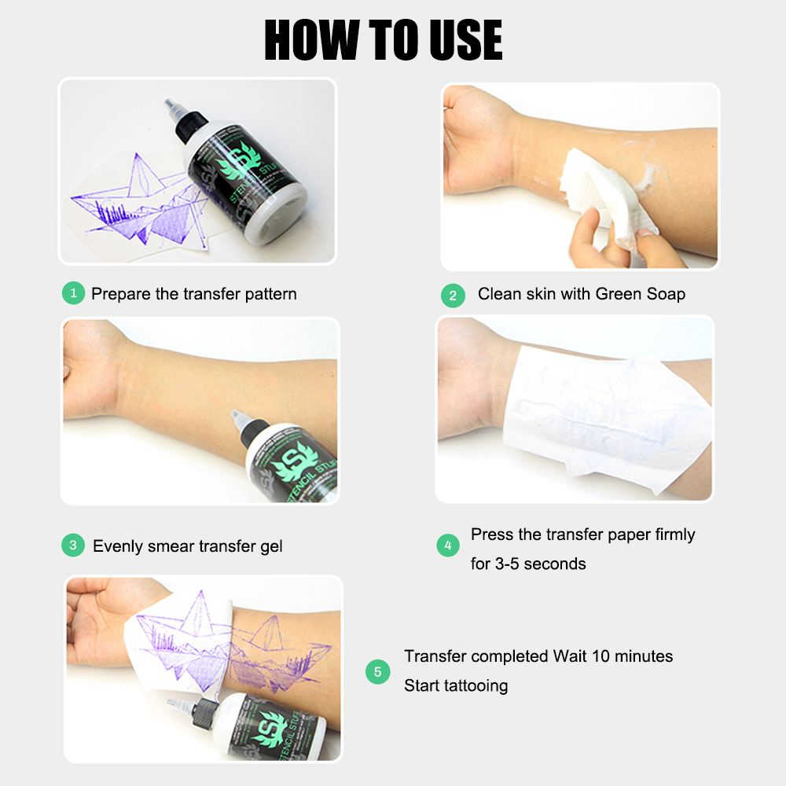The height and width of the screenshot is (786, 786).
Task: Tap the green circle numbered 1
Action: pos(73,294)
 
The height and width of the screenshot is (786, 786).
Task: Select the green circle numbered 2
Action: pos(453,296)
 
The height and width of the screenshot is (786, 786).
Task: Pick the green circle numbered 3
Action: pos(73,545)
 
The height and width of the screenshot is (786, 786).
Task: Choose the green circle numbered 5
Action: pos(378,671)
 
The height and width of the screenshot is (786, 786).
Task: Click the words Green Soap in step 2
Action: pos(640,294)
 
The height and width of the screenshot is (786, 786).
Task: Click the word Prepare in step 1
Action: pos(121,294)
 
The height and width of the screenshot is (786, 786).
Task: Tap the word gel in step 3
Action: pos(270,545)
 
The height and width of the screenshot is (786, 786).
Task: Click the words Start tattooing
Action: pos(456,685)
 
